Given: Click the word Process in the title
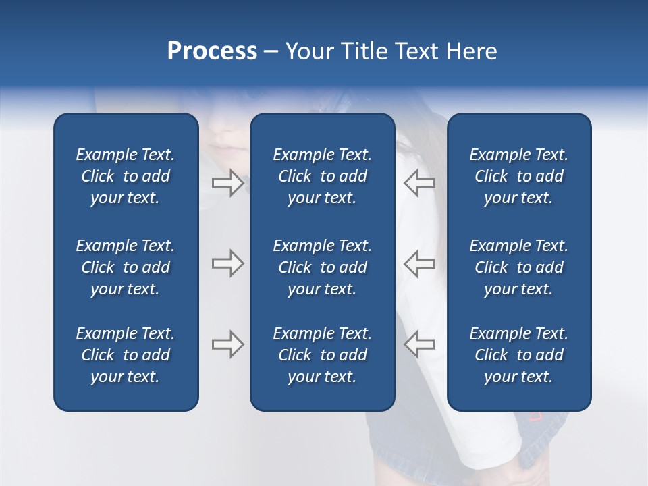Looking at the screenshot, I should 212,51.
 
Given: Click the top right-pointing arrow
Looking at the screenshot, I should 227,183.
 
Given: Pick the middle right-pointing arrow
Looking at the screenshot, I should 227,263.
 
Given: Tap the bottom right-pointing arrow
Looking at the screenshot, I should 227,344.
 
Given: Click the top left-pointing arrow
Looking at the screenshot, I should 419,183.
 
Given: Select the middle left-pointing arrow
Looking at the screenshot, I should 419,263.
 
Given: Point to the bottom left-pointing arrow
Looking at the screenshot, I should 419,344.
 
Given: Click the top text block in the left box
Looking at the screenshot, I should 126,176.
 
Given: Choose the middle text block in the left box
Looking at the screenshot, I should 126,267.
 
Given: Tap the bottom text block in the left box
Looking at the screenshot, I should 126,355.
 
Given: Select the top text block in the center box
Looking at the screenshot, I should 322,176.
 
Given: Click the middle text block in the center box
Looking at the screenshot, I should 322,267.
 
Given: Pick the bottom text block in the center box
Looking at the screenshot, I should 322,355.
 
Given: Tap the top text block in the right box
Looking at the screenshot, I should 518,176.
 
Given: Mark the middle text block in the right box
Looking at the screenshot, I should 518,267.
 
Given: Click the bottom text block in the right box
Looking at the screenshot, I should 518,355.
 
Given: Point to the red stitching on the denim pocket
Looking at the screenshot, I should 535,417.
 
